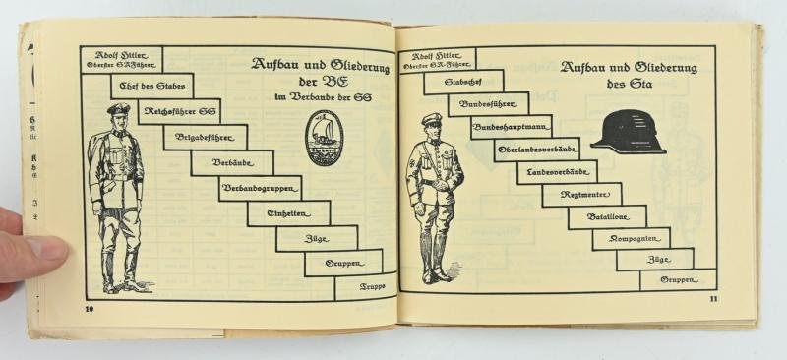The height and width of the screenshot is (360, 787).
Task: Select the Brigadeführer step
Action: click(x=205, y=137)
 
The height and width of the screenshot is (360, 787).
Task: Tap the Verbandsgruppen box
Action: click(x=260, y=187)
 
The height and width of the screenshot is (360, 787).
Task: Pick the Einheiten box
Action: click(x=288, y=212)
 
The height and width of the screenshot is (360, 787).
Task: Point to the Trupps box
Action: click(x=365, y=287)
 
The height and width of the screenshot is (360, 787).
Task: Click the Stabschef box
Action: click(x=462, y=82)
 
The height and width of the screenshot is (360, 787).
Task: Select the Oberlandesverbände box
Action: click(x=536, y=150)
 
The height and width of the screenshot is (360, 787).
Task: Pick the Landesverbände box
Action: click(x=557, y=173)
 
